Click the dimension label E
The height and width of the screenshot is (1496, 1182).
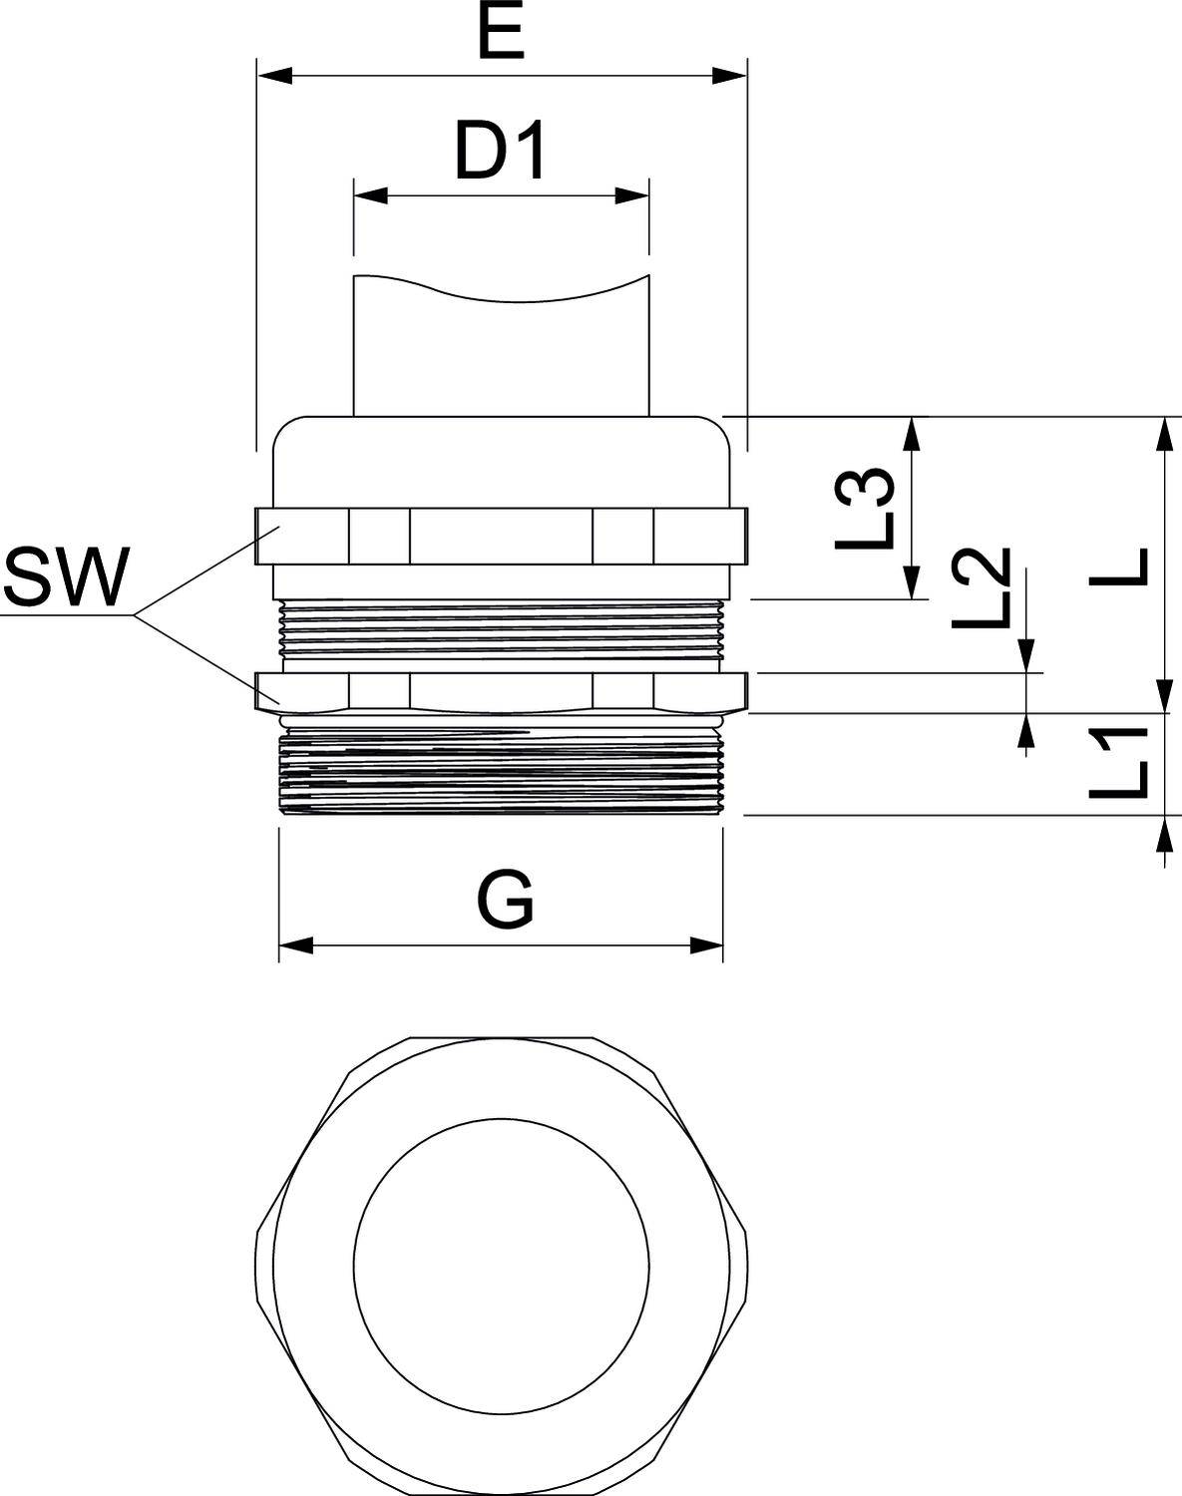(x=501, y=35)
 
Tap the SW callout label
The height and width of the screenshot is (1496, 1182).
(x=66, y=578)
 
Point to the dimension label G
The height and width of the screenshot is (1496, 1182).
(x=506, y=901)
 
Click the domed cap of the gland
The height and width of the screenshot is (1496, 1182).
(x=501, y=459)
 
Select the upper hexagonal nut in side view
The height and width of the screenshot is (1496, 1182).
(x=501, y=536)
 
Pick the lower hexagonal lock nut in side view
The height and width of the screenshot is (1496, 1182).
(x=501, y=691)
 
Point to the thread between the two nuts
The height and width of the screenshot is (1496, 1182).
(x=501, y=630)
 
